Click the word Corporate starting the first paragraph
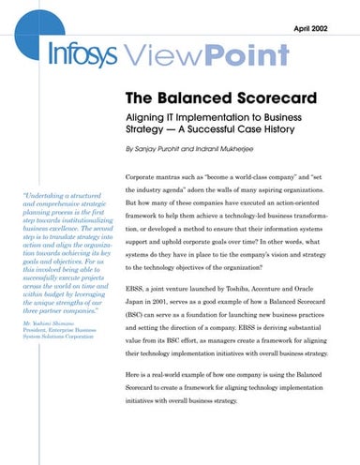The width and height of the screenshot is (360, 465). (145, 177)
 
